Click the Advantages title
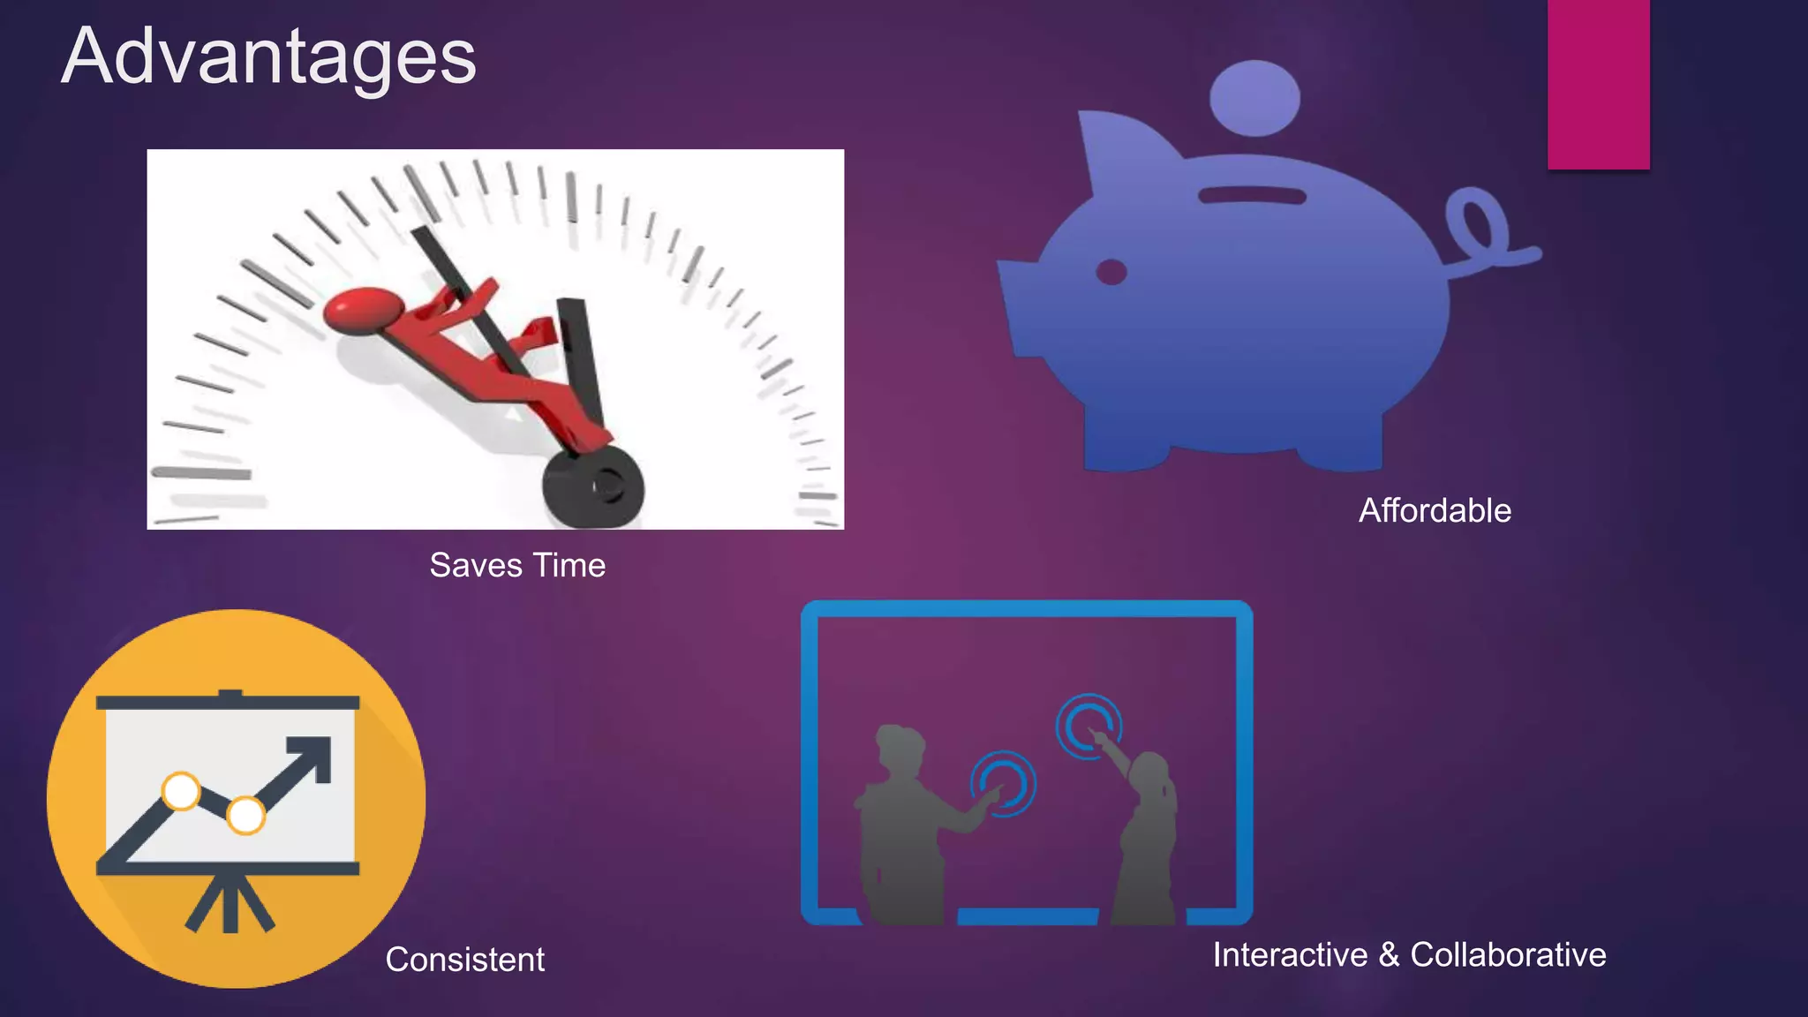[268, 56]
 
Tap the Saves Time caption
[517, 565]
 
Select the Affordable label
[1435, 510]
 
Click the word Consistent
[464, 960]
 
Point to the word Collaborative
[1508, 955]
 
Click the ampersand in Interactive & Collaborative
[1389, 955]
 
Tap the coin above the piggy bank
[1254, 98]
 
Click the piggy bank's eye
[1111, 272]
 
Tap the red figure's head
[364, 310]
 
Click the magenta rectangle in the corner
[1598, 84]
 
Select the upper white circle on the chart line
[182, 790]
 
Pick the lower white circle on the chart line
[245, 814]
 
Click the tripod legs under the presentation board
[230, 905]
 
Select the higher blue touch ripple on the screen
[1088, 726]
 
